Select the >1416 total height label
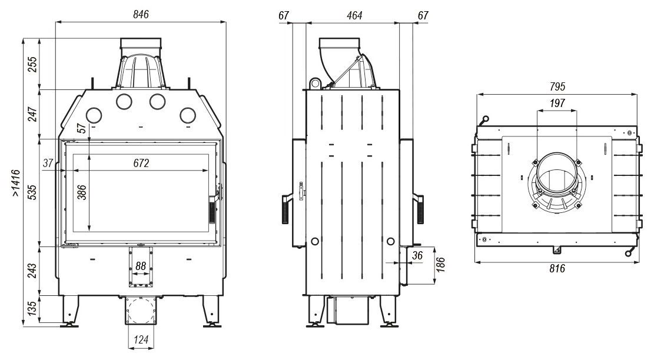[x=16, y=182]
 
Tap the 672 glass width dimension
[x=140, y=163]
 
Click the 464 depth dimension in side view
[x=354, y=15]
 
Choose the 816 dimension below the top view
[x=556, y=269]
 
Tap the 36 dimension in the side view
[x=417, y=255]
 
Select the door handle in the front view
[x=213, y=209]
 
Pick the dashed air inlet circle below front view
[x=140, y=309]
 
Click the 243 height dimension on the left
[x=33, y=269]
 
